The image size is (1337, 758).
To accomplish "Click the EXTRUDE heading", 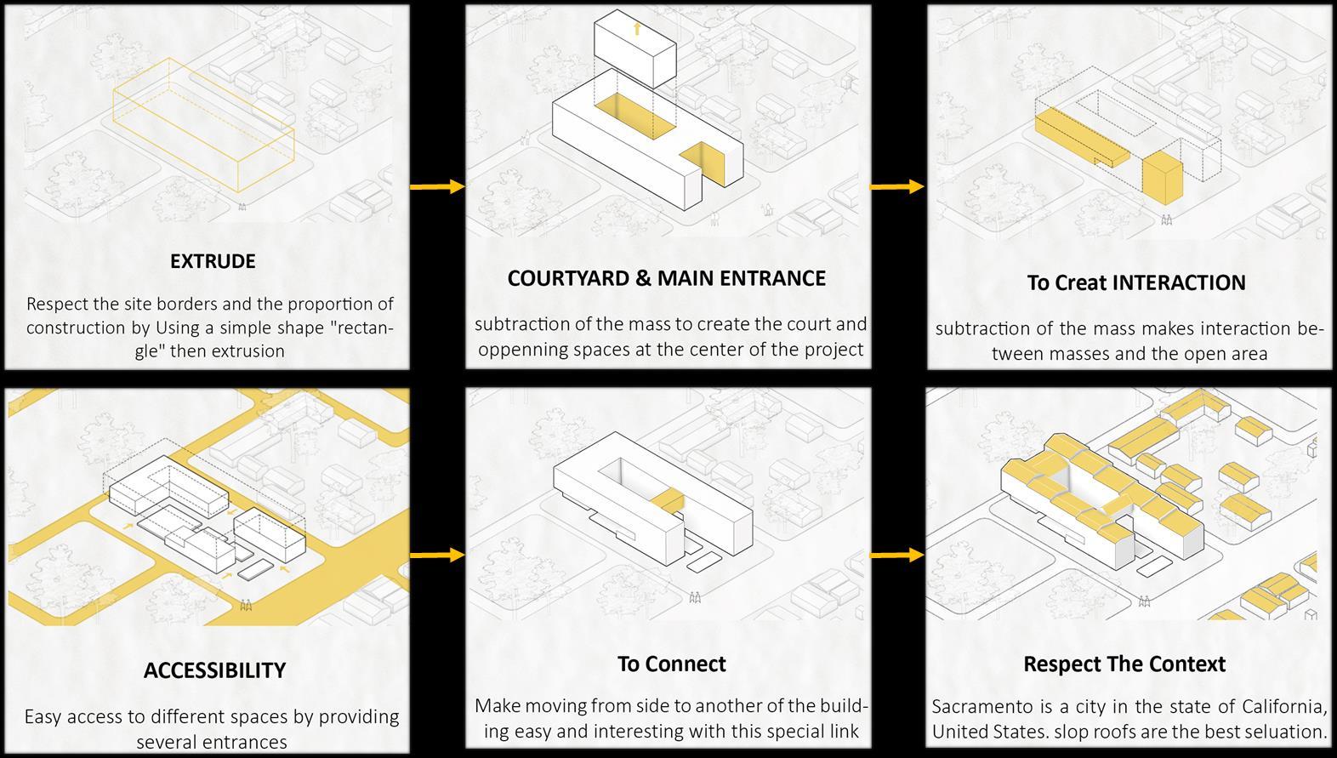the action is pos(213,261).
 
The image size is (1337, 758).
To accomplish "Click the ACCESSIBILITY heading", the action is pos(214,670).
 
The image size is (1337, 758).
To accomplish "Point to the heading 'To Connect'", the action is pos(671,664).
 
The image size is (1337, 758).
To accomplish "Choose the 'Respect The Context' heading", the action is pos(1124,664).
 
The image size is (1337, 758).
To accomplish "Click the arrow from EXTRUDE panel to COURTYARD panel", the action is pos(437,186).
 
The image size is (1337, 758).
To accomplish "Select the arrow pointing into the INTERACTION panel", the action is pos(897,185).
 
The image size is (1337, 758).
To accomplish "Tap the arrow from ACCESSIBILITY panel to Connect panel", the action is pos(437,556).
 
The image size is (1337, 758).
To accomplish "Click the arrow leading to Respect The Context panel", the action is pos(897,556).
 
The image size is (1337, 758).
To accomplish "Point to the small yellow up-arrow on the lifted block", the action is pos(636,30).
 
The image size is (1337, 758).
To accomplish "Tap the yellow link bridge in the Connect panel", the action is pos(669,499).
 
